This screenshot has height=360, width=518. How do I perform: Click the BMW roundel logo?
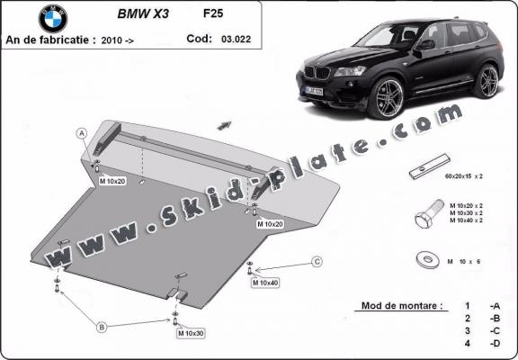point(53,18)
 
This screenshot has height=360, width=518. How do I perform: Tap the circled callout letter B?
point(102,326)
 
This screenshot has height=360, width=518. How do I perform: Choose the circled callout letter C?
point(317,262)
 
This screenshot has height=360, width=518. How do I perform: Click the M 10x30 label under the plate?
point(192,334)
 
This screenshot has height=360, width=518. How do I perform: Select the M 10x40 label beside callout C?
point(265,283)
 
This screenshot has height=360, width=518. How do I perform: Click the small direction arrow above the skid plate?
point(224,125)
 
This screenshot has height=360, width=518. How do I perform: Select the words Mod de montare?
point(401,306)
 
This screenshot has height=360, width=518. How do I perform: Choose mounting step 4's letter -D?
point(495,344)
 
